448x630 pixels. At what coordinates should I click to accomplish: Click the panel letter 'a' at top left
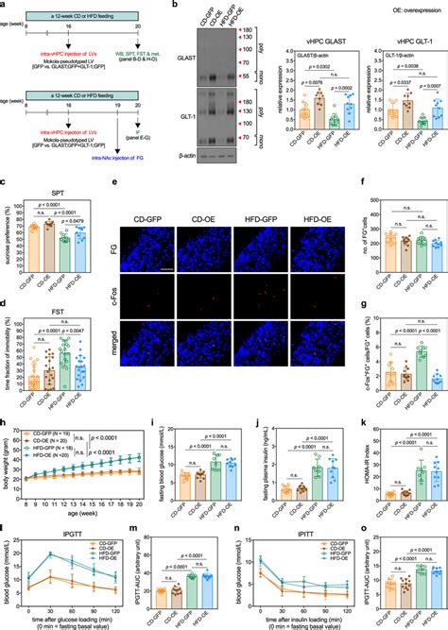click(5, 6)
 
